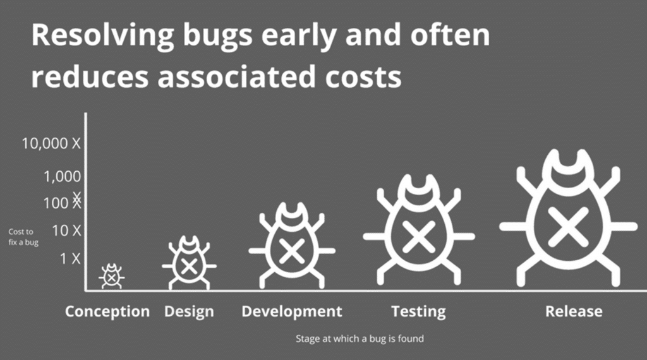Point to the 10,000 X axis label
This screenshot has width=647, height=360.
[x=51, y=143]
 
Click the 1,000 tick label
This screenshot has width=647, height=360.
[x=63, y=176]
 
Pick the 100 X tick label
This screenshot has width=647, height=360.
[x=63, y=201]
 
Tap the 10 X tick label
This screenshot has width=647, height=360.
[x=66, y=231]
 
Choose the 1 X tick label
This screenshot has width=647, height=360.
[x=70, y=258]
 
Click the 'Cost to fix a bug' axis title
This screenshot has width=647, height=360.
[x=23, y=237]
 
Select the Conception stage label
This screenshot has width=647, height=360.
[x=107, y=311]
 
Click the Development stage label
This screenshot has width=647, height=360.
[x=292, y=311]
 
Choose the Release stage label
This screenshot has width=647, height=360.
[x=574, y=311]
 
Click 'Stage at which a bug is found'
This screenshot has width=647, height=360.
[x=360, y=339]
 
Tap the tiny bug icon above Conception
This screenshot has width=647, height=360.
[x=111, y=276]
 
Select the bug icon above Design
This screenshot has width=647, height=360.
[x=189, y=263]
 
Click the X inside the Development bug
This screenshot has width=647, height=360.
[x=292, y=250]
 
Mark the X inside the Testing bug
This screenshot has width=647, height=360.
[x=419, y=237]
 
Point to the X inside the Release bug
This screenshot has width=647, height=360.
[x=568, y=227]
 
